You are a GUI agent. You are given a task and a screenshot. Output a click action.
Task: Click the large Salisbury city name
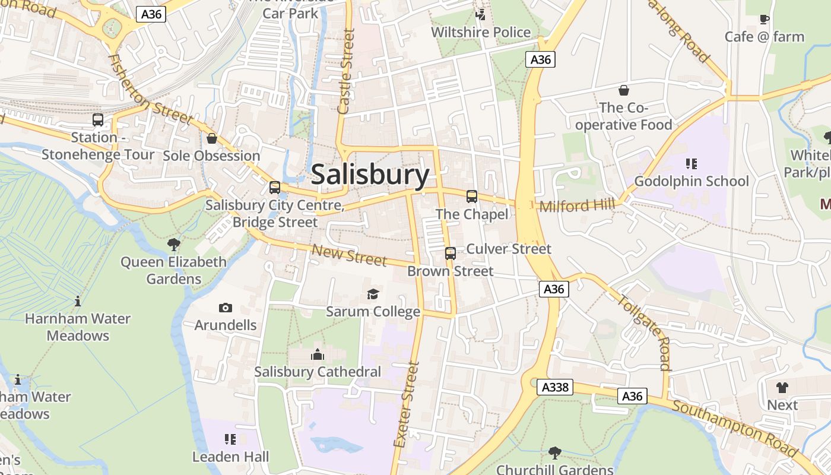(370, 175)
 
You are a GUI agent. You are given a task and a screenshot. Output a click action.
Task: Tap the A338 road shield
(555, 387)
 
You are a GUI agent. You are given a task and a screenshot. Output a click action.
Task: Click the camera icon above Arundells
(225, 308)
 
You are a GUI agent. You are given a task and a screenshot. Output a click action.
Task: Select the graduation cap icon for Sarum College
(373, 294)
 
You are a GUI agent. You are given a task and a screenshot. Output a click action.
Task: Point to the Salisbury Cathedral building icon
(318, 354)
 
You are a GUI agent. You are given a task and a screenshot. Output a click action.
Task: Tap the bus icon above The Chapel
(472, 196)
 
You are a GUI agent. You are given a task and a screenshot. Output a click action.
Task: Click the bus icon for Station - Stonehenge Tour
(98, 120)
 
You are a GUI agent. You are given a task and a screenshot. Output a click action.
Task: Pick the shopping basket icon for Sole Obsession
(212, 138)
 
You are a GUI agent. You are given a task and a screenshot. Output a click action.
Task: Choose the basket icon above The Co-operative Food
(624, 90)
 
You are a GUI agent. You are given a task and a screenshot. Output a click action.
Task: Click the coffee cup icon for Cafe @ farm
(765, 19)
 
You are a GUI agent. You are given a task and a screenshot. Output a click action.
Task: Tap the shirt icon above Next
(782, 387)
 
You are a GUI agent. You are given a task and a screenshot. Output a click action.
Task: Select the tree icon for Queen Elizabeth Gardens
(174, 244)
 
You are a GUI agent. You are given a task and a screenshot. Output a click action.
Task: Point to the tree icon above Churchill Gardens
(554, 452)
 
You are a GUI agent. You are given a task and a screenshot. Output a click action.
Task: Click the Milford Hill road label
(577, 205)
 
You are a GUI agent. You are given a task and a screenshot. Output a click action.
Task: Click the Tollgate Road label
(645, 332)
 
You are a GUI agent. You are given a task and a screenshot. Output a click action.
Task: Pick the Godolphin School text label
(692, 181)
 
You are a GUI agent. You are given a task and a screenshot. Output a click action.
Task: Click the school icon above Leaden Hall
(230, 439)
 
